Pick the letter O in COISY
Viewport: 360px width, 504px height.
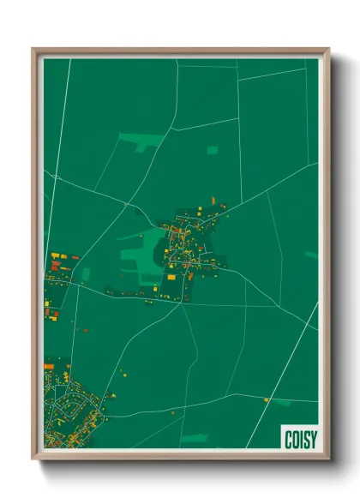point(294,438)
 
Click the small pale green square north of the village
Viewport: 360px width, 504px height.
point(213,150)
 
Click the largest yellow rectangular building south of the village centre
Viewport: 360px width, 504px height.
point(171,277)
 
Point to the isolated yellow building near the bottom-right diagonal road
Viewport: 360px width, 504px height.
point(267,399)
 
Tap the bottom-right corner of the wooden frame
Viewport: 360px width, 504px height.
point(327,459)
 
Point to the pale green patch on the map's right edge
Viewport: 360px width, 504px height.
point(311,255)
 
